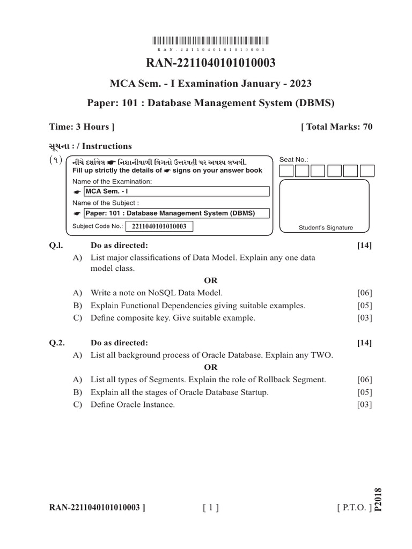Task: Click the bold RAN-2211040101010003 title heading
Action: click(211, 63)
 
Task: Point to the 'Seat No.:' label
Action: click(295, 160)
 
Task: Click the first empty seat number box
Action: click(287, 171)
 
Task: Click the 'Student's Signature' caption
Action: click(326, 227)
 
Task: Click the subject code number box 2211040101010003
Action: click(159, 226)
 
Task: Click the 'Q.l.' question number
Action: click(55, 246)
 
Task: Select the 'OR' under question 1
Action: click(211, 280)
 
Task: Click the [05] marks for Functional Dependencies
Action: click(364, 306)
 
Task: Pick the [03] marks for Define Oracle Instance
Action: click(364, 405)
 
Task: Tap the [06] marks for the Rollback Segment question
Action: click(364, 380)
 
